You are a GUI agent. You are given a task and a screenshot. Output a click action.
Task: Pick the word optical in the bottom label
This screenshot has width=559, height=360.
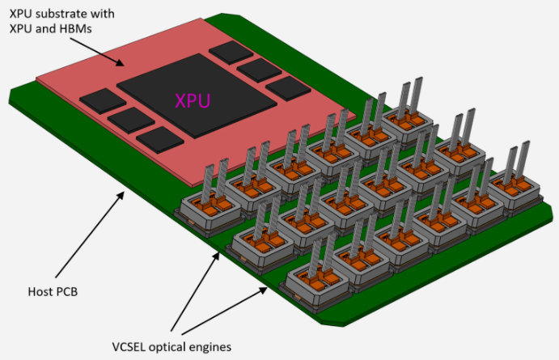pos(175,347)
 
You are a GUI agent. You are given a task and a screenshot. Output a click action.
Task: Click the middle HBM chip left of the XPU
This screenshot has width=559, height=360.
pos(130,121)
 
